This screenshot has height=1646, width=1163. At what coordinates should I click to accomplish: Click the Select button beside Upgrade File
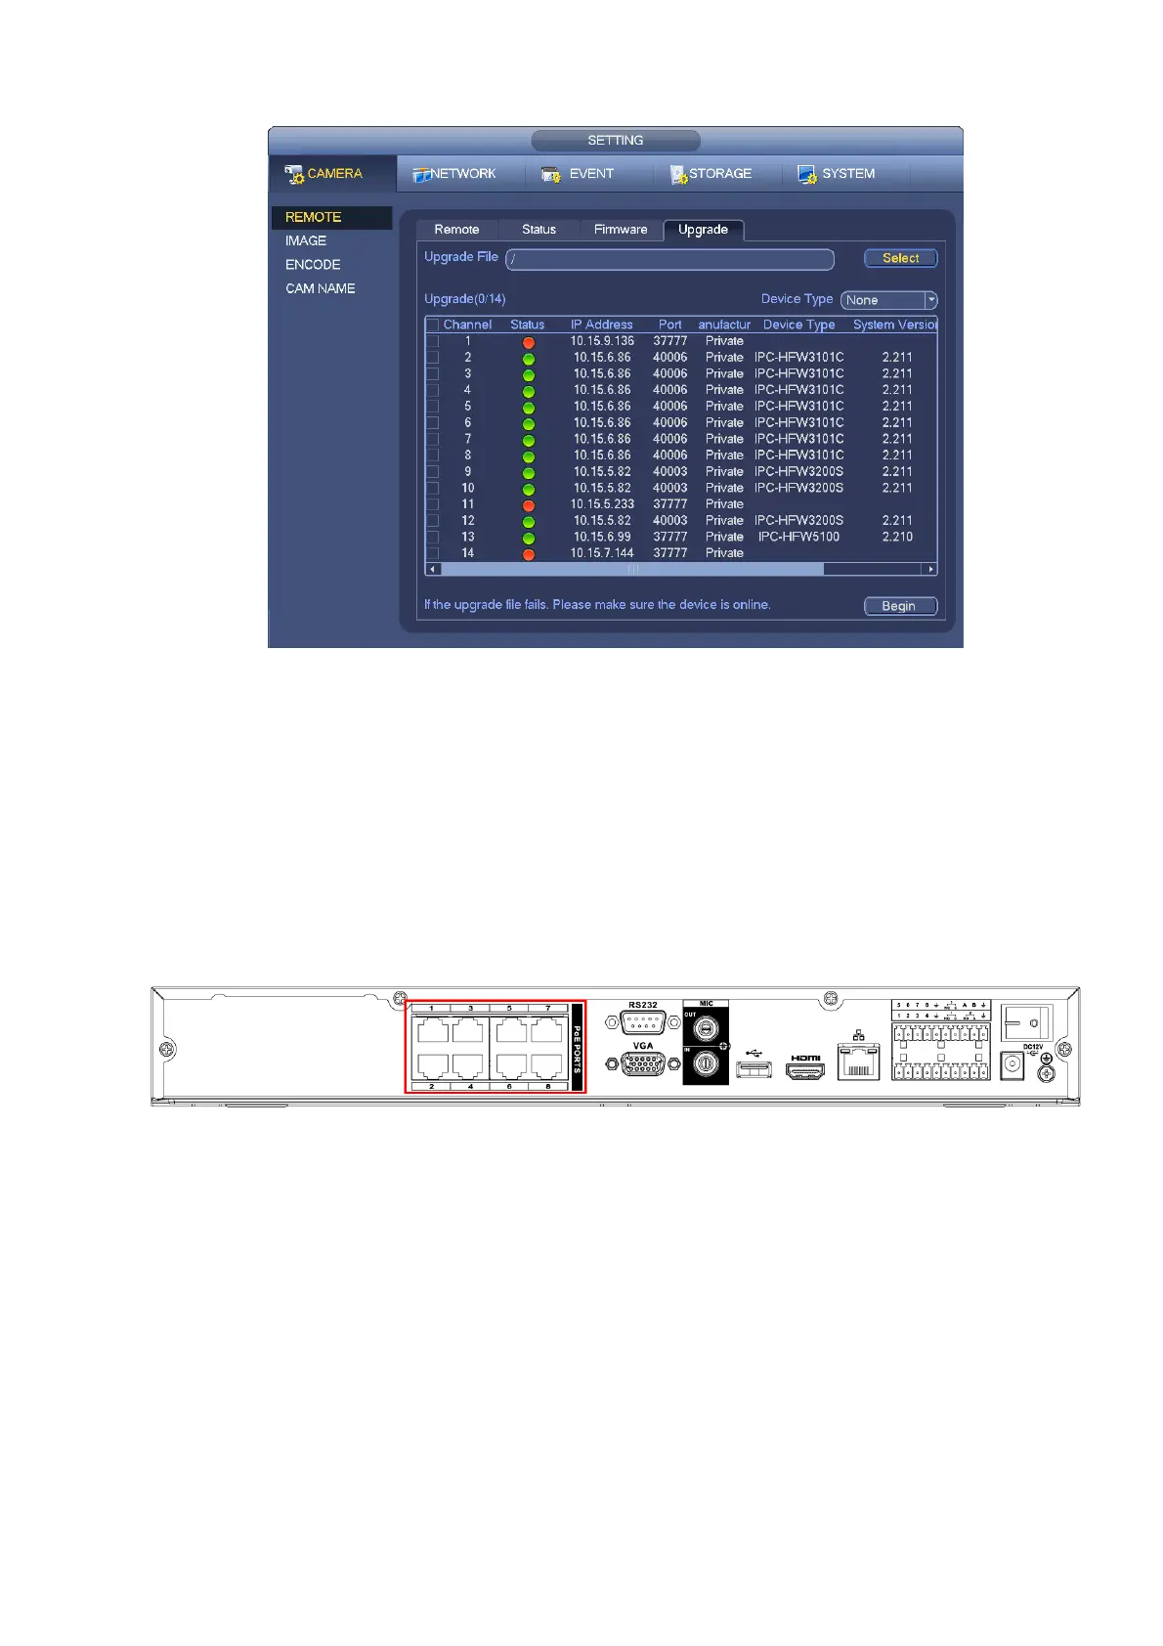[x=900, y=258]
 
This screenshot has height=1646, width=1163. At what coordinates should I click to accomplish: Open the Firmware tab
[x=621, y=230]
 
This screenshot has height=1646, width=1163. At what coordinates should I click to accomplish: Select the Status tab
[x=538, y=230]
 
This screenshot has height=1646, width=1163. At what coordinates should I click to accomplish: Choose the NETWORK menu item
[x=455, y=174]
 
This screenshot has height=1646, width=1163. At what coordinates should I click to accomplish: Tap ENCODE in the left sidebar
[x=313, y=265]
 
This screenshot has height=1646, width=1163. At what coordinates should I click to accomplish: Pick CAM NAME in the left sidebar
[x=320, y=288]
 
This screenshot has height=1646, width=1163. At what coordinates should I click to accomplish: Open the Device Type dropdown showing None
[x=888, y=300]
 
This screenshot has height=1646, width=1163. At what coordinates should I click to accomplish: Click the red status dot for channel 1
[x=529, y=342]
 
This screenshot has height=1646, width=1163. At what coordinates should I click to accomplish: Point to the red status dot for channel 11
[x=529, y=505]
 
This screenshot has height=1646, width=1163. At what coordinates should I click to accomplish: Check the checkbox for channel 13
[x=432, y=537]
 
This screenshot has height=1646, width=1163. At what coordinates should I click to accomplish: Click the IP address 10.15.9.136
[x=602, y=341]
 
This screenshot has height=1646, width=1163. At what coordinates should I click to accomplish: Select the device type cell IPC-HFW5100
[x=798, y=537]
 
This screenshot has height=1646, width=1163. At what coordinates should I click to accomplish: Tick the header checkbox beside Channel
[x=432, y=325]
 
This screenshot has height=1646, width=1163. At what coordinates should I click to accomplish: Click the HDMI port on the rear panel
[x=805, y=1070]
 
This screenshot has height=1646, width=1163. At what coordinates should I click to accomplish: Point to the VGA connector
[x=642, y=1063]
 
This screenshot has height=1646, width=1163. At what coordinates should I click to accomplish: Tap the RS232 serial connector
[x=642, y=1022]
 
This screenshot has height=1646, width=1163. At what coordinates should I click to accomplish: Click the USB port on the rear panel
[x=754, y=1069]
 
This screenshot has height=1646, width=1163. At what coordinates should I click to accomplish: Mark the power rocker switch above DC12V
[x=1026, y=1022]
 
